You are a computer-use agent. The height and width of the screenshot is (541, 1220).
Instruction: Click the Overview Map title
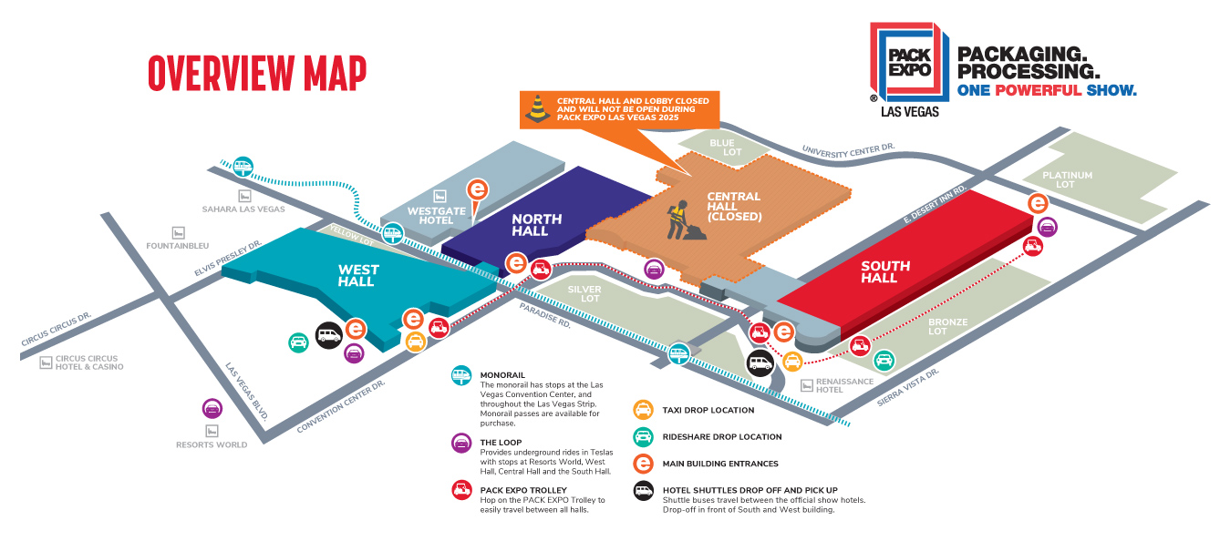click(x=257, y=74)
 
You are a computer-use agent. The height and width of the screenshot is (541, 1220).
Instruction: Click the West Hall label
click(x=357, y=275)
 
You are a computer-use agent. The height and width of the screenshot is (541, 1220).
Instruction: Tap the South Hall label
click(x=885, y=271)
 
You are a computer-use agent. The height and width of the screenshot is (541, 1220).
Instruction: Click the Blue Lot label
click(x=722, y=148)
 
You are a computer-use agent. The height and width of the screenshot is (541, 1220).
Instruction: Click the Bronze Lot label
click(x=947, y=327)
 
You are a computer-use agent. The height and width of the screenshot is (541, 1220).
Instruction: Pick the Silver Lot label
click(x=584, y=293)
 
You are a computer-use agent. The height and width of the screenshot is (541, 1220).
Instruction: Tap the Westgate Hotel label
click(x=431, y=216)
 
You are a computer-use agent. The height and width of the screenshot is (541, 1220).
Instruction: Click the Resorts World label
click(x=212, y=444)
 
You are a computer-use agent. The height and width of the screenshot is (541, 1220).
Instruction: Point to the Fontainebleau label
click(x=203, y=245)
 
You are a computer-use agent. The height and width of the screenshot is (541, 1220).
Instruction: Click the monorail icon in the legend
click(x=462, y=374)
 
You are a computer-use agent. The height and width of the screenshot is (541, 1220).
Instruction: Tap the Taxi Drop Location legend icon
click(x=643, y=410)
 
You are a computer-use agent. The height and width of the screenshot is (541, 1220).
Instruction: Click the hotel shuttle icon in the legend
click(x=643, y=490)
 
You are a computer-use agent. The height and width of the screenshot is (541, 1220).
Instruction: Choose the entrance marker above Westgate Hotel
click(x=477, y=189)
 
